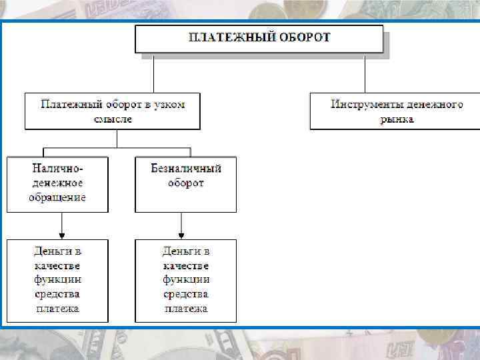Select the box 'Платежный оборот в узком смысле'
[x=113, y=111]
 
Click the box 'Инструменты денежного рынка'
[x=397, y=111]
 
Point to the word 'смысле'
[x=113, y=119]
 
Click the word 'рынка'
[x=397, y=119]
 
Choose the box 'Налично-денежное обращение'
[x=57, y=184]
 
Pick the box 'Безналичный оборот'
[x=185, y=184]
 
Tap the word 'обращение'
[x=58, y=198]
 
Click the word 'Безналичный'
[x=186, y=168]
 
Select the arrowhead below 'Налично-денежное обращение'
[x=61, y=234]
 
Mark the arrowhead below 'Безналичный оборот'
[x=181, y=234]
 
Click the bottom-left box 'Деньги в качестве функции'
[x=57, y=280]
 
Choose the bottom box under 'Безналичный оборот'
[x=185, y=280]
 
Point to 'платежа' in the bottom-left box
[x=58, y=308]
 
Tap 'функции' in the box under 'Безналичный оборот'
[x=186, y=279]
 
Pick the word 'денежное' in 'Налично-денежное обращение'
[x=58, y=183]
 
